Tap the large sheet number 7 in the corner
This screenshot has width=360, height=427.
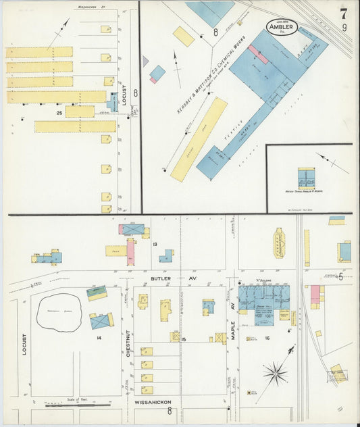point(344,13)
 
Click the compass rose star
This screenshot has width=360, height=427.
point(275,372)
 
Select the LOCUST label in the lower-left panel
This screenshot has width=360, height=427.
point(25,345)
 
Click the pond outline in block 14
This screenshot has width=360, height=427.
point(59,313)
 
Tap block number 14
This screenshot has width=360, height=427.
point(99,336)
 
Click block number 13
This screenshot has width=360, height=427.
point(155,244)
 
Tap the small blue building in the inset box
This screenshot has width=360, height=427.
point(307,179)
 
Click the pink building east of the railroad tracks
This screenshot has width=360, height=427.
point(315,295)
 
